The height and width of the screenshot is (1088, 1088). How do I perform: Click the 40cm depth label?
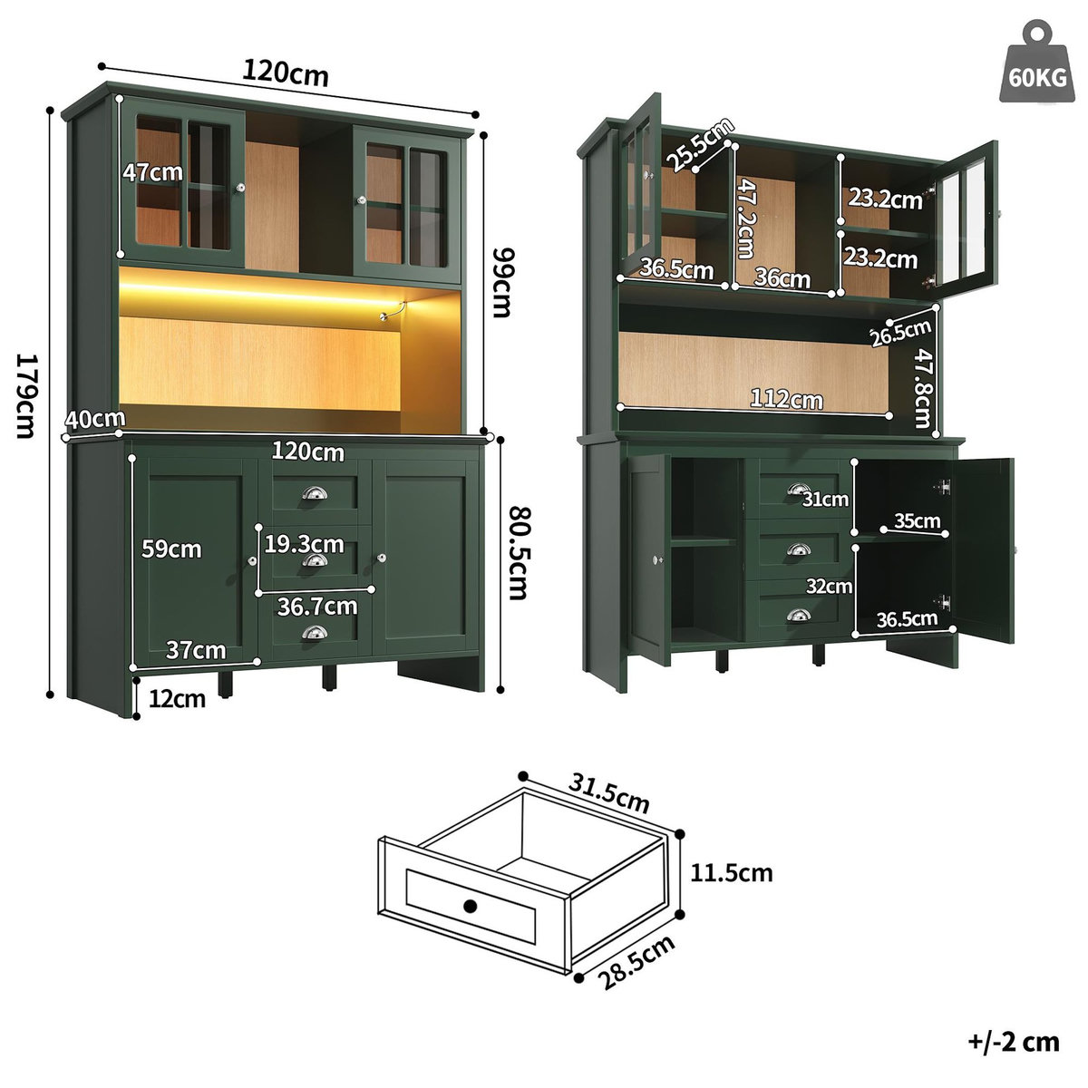coord(94,419)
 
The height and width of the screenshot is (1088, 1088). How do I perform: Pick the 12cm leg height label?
coord(178,698)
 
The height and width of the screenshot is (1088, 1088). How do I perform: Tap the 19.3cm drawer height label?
coord(304,544)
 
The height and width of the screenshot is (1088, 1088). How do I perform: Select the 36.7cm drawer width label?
coord(316,605)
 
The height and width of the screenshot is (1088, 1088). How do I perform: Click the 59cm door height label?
coord(171,549)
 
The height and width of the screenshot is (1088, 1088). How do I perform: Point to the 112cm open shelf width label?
coord(786,399)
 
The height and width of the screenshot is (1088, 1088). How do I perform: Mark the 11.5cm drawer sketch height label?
coord(731,873)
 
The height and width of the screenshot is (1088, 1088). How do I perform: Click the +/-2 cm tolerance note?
coord(1013,1041)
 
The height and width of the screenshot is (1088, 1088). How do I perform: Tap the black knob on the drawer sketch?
coord(470,906)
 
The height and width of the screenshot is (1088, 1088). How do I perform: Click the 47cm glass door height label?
coord(153,172)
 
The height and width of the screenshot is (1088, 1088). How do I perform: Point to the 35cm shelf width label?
coord(917,521)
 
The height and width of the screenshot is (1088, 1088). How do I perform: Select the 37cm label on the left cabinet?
coord(195,650)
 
